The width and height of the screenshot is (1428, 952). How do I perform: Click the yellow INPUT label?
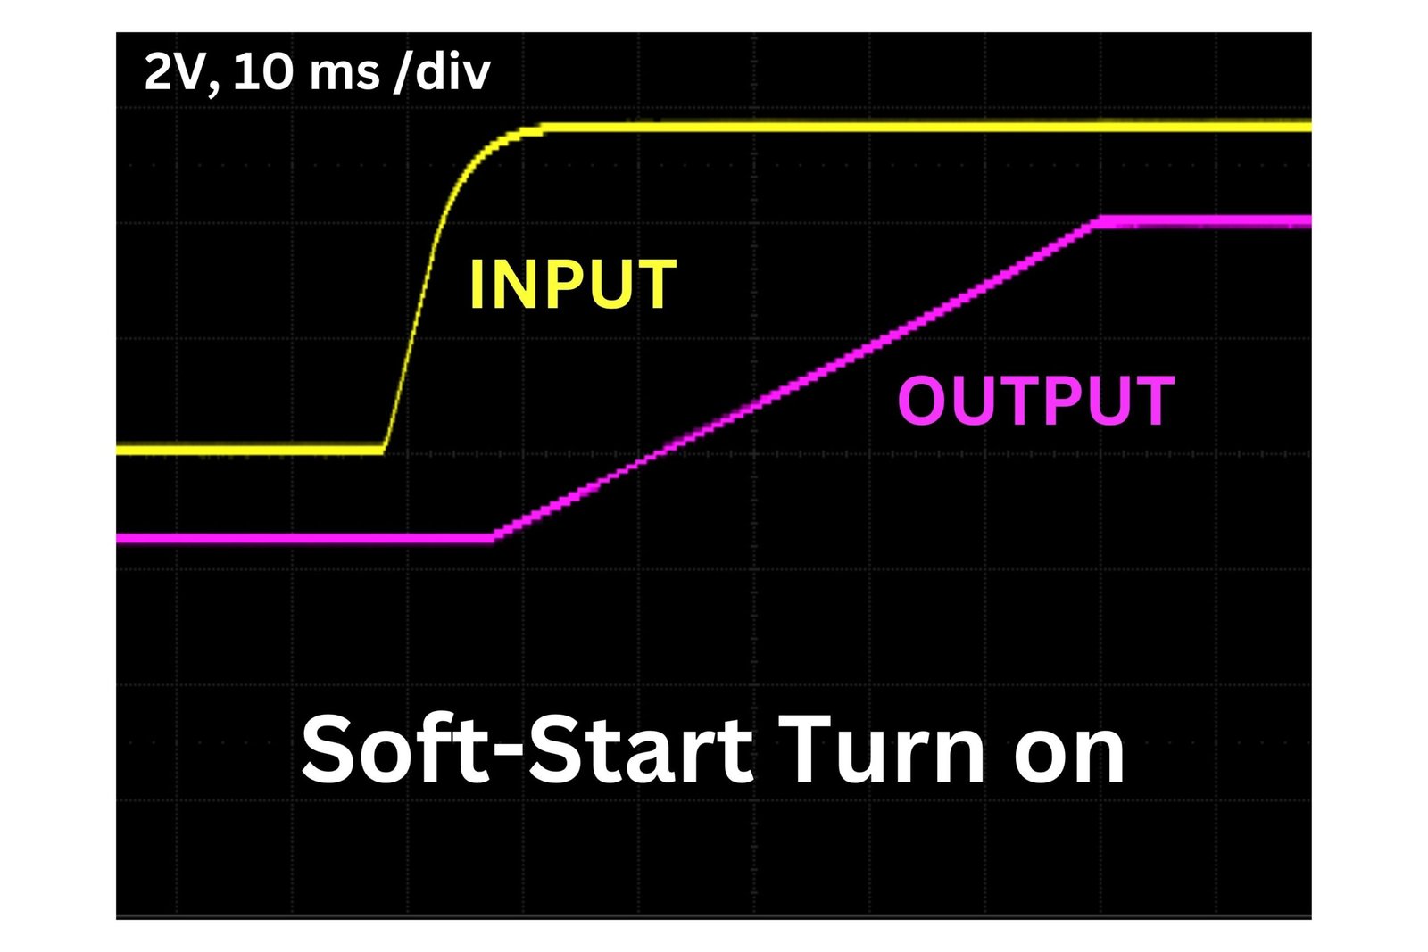tap(572, 284)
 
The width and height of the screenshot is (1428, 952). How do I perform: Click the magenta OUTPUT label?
tap(1036, 400)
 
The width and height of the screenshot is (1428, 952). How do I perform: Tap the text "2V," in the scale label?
tap(183, 72)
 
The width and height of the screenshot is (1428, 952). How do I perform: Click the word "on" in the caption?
tap(1070, 757)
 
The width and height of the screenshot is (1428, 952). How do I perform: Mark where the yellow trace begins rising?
tap(384, 450)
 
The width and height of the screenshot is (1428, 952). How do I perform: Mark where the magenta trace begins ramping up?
tap(492, 538)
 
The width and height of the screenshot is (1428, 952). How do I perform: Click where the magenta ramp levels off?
tap(1098, 221)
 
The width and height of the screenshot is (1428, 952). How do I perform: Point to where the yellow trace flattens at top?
tap(542, 128)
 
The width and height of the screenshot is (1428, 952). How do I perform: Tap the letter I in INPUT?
tap(477, 284)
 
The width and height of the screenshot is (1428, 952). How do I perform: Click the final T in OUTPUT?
tap(1152, 400)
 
